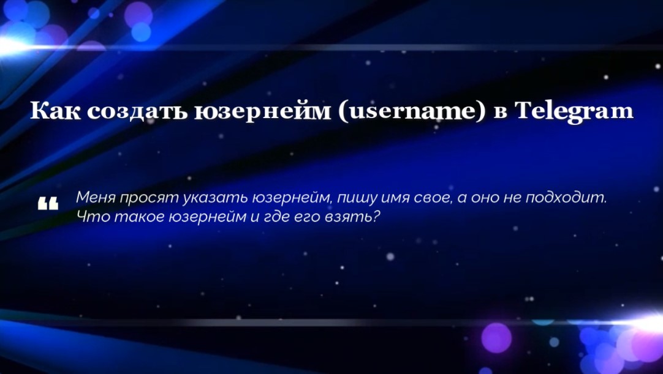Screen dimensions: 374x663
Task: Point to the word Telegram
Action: [574, 113]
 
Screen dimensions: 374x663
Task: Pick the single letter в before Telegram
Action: [499, 113]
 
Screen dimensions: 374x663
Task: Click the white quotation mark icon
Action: [48, 204]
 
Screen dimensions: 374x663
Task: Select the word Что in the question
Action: [90, 217]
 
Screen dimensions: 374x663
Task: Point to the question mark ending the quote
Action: [376, 217]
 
